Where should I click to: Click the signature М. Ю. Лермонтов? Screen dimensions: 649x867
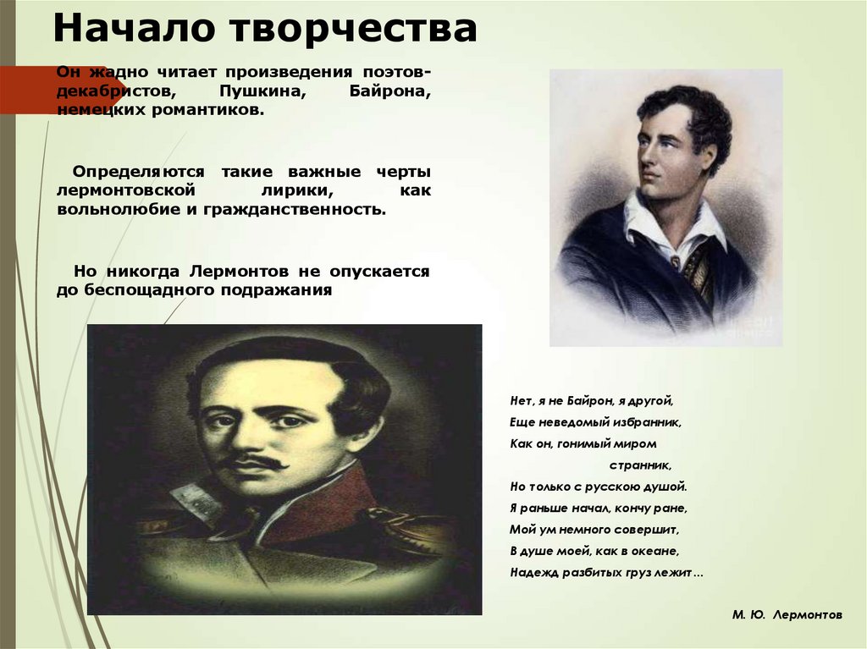click(x=787, y=615)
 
